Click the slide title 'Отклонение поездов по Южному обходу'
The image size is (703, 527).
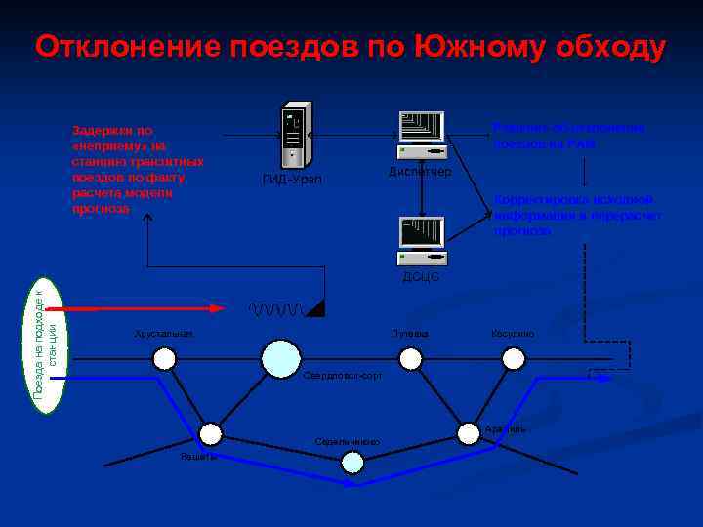(351, 46)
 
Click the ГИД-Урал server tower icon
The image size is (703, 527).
(295, 136)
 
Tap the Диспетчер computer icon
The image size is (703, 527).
(422, 135)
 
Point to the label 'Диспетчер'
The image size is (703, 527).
(420, 172)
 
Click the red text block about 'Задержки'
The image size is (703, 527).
(138, 169)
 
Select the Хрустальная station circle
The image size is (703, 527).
(164, 359)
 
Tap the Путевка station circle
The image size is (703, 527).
(411, 359)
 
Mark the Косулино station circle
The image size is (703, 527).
(514, 359)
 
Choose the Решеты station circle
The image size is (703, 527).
(210, 434)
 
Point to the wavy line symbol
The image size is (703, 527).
(277, 309)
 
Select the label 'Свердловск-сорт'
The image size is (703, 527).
(343, 376)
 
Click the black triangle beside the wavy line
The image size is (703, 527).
(316, 308)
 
